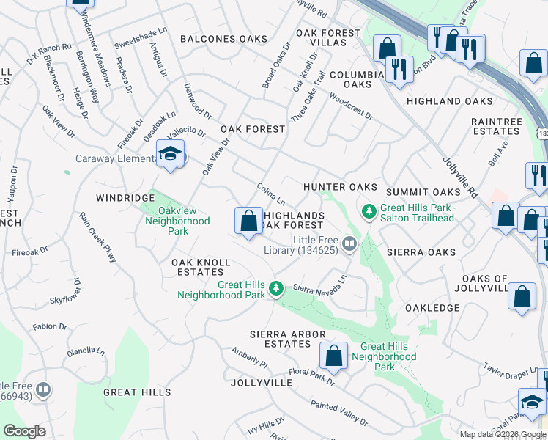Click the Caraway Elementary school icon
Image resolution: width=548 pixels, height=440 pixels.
[171, 155]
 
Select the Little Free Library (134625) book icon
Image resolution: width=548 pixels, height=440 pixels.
[350, 243]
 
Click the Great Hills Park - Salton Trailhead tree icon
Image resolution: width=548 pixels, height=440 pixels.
[370, 212]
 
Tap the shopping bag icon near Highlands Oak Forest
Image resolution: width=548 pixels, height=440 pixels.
[248, 220]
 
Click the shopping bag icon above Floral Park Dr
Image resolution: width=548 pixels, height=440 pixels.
[333, 356]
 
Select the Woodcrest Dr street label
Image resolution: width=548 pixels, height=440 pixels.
[350, 107]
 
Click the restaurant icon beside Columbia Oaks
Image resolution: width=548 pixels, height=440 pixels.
[399, 69]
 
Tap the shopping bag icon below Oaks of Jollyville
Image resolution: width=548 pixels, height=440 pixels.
[522, 296]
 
